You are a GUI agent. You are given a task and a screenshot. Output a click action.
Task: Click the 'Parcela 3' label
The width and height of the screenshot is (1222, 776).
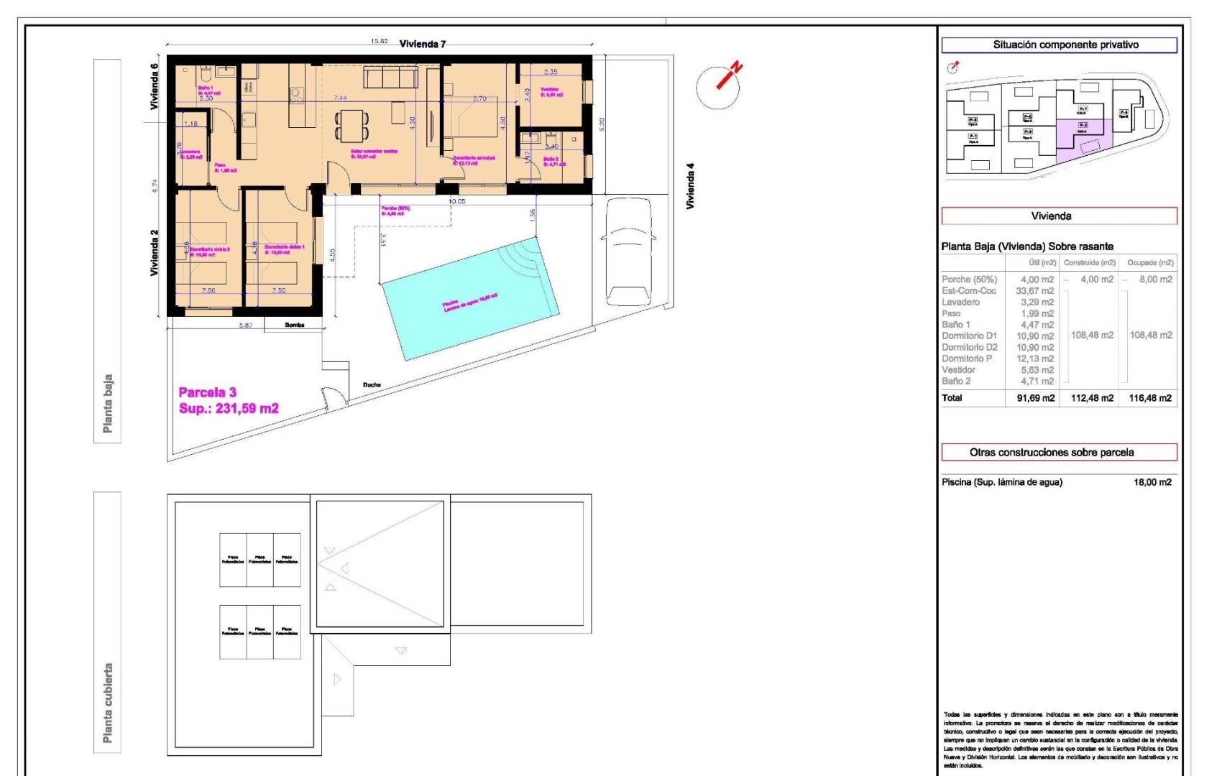pyautogui.click(x=207, y=392)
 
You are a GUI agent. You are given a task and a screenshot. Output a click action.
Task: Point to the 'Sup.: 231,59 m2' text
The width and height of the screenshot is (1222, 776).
pyautogui.click(x=229, y=409)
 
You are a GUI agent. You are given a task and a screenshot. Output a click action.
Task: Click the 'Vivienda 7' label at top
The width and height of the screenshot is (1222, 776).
pyautogui.click(x=423, y=44)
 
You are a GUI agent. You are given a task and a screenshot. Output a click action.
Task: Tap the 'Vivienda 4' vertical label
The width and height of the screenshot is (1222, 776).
pyautogui.click(x=690, y=186)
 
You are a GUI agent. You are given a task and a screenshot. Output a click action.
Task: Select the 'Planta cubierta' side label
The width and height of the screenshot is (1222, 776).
pyautogui.click(x=108, y=702)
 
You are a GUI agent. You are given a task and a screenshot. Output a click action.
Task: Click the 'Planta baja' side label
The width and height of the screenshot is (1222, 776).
pyautogui.click(x=108, y=403)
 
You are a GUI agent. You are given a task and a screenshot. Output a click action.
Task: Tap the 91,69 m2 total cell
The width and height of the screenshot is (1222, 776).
pyautogui.click(x=1035, y=398)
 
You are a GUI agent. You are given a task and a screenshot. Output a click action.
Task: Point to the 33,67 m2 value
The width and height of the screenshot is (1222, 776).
pyautogui.click(x=1034, y=291)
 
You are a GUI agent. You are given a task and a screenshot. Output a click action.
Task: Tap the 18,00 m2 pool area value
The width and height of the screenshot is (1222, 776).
pyautogui.click(x=1152, y=482)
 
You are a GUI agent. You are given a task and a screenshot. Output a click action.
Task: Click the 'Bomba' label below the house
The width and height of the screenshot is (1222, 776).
pyautogui.click(x=295, y=325)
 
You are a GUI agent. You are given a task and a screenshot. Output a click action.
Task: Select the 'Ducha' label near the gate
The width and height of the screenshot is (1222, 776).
pyautogui.click(x=372, y=385)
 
